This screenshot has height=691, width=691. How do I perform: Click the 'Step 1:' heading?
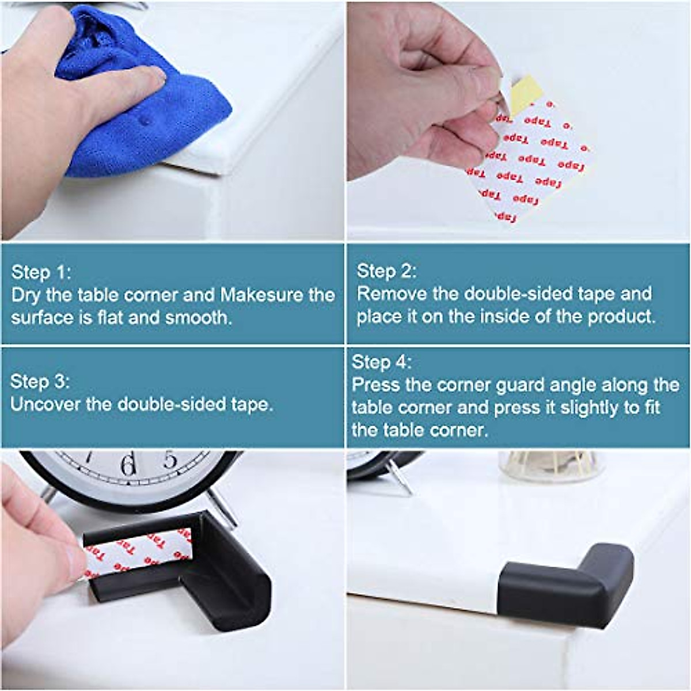pyautogui.click(x=41, y=272)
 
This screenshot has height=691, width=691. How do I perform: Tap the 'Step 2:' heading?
pyautogui.click(x=386, y=271)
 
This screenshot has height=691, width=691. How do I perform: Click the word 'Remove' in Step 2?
pyautogui.click(x=392, y=294)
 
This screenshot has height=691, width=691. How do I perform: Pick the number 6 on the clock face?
pyautogui.click(x=128, y=464)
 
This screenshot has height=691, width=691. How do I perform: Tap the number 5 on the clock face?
pyautogui.click(x=169, y=460)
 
